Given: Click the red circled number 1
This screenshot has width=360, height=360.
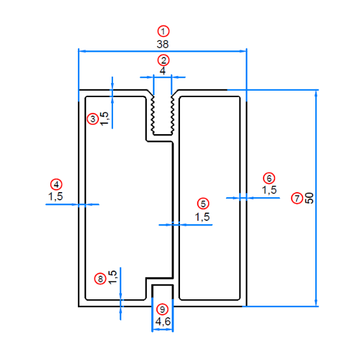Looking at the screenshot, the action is (x=163, y=31).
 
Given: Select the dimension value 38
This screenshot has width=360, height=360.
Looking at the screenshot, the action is (x=163, y=44).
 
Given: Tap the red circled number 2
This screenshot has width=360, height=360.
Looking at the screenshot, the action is (x=163, y=61).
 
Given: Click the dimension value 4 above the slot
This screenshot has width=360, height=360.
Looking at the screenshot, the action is (x=163, y=71).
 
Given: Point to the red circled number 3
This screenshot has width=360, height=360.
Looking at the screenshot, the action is (x=93, y=119).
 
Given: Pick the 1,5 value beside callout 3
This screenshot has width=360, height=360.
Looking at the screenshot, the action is (x=104, y=119).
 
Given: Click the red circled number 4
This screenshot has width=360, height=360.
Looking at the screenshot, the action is (x=56, y=184).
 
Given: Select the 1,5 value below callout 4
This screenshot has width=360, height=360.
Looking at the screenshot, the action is (x=56, y=197).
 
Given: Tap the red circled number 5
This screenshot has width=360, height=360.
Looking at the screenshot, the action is (x=203, y=204).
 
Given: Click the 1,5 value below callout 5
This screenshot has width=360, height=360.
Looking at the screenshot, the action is (x=202, y=217).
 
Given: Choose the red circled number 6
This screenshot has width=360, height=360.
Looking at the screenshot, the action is (x=269, y=178).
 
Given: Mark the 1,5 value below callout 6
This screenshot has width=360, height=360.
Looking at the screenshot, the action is (x=269, y=190).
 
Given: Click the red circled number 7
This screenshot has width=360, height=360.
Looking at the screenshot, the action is (x=297, y=198).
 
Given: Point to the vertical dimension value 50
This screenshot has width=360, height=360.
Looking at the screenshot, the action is (x=310, y=198).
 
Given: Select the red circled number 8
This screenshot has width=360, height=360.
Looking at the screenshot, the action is (x=100, y=279).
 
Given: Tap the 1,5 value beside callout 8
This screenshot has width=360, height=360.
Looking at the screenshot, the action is (x=112, y=278).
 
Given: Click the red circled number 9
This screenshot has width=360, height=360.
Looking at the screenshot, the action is (x=162, y=310).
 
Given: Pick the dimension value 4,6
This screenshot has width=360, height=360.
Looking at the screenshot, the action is (x=163, y=322).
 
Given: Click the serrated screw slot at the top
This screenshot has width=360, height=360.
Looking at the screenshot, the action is (x=163, y=114).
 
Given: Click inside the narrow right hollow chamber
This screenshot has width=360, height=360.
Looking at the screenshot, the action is (x=209, y=198).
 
